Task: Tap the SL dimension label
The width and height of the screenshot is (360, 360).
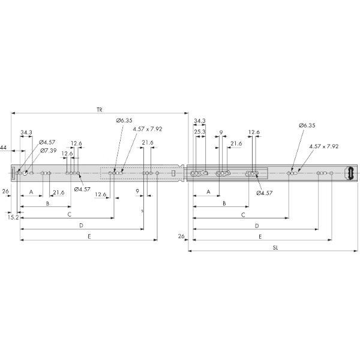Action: point(275,247)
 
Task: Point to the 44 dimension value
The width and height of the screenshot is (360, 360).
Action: point(4,148)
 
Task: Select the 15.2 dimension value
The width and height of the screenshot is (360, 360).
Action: point(13,217)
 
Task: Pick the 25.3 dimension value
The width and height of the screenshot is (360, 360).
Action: point(200,131)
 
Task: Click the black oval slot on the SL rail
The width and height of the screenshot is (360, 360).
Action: point(349,173)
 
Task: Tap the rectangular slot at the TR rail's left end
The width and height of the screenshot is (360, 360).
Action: point(11,173)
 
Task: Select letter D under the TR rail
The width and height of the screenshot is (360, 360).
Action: point(80,226)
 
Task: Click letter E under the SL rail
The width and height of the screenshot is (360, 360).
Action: point(260,237)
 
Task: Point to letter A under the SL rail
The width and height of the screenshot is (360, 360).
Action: point(208,192)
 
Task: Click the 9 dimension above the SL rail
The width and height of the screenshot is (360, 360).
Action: point(221,131)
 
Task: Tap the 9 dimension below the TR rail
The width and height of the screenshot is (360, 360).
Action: point(137,192)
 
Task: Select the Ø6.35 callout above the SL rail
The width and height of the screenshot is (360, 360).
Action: point(307,126)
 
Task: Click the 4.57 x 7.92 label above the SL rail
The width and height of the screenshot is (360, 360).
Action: point(324,146)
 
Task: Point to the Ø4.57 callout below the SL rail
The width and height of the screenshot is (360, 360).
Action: point(265,193)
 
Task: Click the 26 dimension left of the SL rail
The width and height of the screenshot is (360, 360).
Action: point(181,237)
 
